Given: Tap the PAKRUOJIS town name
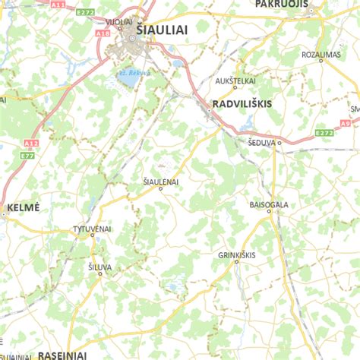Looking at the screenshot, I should pyautogui.click(x=282, y=4).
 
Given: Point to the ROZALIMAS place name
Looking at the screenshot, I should pyautogui.click(x=321, y=55).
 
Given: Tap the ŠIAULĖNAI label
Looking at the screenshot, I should pyautogui.click(x=160, y=182).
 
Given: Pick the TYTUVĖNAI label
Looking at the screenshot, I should pyautogui.click(x=91, y=229).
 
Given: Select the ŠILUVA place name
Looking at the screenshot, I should pyautogui.click(x=99, y=267).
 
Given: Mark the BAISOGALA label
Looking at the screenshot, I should pyautogui.click(x=270, y=205).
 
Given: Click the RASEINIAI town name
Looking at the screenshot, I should pyautogui.click(x=62, y=355).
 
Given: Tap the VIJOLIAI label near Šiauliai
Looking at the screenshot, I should pyautogui.click(x=118, y=22).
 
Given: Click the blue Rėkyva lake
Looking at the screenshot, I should pyautogui.click(x=129, y=77).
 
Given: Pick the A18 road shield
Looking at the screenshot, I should pyautogui.click(x=103, y=34).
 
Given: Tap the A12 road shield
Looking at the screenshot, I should pyautogui.click(x=30, y=143).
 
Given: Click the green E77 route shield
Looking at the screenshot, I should pyautogui.click(x=27, y=155).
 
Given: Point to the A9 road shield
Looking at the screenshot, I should pyautogui.click(x=346, y=123).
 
